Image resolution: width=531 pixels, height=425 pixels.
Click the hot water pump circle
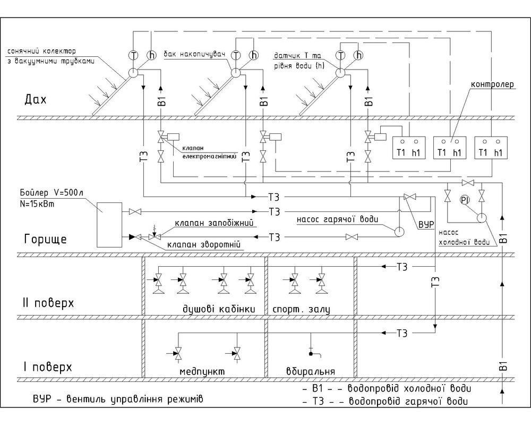click(399, 232)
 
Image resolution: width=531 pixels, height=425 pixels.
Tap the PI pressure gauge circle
click(465, 200)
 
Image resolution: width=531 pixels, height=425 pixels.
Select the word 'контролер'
click(492, 84)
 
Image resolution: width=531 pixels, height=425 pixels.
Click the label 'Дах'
click(36, 100)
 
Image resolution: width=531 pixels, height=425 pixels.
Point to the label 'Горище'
click(45, 240)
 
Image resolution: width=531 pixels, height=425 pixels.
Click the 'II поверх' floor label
click(48, 303)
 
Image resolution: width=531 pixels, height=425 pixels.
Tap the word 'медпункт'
click(202, 371)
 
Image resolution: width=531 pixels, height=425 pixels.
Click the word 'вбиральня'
click(311, 371)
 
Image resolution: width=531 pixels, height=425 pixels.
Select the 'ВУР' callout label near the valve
click(426, 225)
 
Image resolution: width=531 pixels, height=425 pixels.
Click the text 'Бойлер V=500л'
click(52, 193)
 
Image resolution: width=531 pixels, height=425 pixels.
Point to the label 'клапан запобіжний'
click(214, 223)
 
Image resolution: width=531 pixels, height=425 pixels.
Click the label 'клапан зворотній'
click(204, 245)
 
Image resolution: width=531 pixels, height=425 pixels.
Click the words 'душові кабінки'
click(219, 309)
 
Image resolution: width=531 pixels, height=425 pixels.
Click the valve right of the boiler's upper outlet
click(135, 212)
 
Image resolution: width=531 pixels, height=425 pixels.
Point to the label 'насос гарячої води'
click(337, 219)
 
